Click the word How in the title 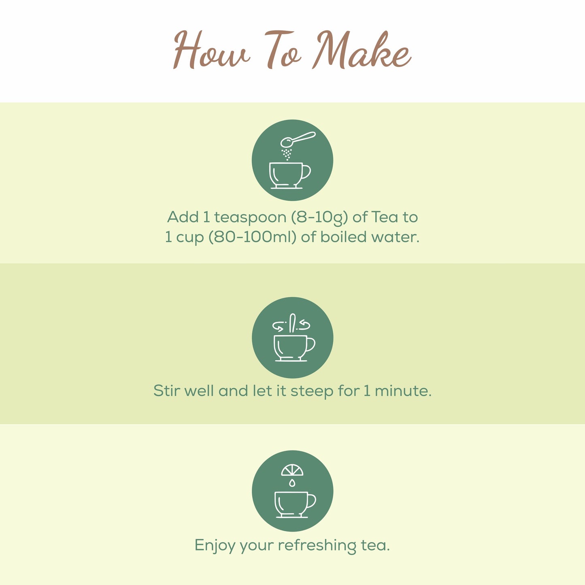(x=211, y=51)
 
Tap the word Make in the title (x=362, y=51)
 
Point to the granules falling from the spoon (x=287, y=154)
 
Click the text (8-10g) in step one (x=319, y=217)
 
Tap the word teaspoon (x=250, y=217)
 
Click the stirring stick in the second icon (x=292, y=323)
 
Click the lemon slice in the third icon (x=292, y=470)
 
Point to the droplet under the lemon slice (x=292, y=483)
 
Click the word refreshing (x=317, y=545)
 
